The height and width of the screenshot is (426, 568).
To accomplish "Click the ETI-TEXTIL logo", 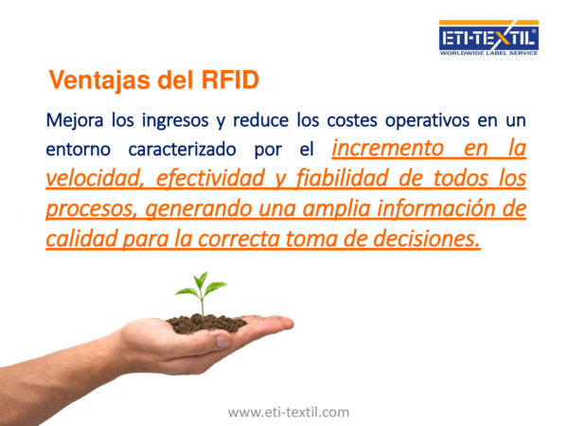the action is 488,38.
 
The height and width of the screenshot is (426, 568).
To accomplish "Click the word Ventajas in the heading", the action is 99,80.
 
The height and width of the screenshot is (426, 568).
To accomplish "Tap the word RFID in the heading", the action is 230,80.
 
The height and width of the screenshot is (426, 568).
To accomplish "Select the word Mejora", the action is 75,120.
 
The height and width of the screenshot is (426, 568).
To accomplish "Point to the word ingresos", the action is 175,121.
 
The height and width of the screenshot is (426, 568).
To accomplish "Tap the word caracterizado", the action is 182,150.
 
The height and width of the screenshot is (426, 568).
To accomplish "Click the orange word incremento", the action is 387,149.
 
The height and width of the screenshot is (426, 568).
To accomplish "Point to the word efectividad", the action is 210,178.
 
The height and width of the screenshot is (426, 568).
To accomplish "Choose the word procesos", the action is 91,209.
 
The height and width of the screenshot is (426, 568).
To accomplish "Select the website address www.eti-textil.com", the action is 289,412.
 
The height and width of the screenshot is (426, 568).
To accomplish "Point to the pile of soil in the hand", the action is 206,324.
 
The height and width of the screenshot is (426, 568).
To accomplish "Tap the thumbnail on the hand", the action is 222,341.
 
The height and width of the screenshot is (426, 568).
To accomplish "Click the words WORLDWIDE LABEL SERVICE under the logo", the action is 488,53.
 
